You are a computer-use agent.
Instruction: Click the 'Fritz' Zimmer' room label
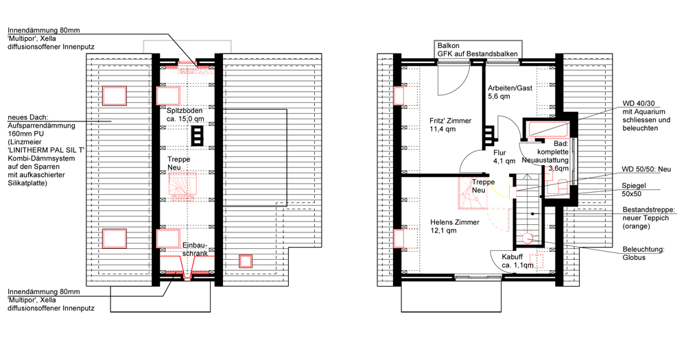click(x=450, y=121)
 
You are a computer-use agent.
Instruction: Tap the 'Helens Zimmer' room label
click(x=455, y=222)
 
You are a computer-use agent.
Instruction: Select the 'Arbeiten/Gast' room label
click(x=510, y=88)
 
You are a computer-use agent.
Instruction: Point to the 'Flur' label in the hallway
click(x=499, y=153)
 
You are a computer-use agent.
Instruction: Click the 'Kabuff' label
click(x=512, y=257)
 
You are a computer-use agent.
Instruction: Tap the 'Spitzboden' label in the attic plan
click(x=185, y=110)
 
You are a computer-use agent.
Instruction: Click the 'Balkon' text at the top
click(x=449, y=45)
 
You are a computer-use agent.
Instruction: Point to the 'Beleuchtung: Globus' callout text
click(x=643, y=253)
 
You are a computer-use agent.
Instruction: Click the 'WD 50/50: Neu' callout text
click(x=646, y=169)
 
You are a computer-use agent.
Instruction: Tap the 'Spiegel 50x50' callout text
click(x=633, y=190)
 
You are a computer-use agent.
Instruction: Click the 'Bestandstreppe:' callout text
click(x=649, y=210)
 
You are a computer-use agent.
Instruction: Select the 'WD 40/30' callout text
click(x=639, y=104)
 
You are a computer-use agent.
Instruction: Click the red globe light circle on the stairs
click(x=527, y=238)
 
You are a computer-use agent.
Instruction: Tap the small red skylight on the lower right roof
click(x=246, y=261)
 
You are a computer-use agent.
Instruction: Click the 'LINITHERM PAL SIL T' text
click(x=46, y=150)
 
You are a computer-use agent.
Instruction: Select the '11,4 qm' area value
click(x=442, y=129)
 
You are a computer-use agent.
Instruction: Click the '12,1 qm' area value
click(x=443, y=230)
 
